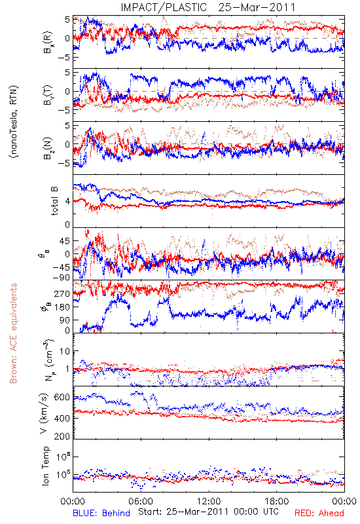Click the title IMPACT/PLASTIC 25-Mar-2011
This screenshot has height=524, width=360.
[x=208, y=7]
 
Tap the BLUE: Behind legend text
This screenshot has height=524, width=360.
[x=101, y=513]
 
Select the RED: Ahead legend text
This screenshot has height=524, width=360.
[x=319, y=513]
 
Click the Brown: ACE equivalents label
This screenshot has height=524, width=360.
[x=13, y=333]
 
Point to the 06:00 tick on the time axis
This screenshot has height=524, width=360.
[x=141, y=501]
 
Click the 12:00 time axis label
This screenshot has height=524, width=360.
[x=209, y=501]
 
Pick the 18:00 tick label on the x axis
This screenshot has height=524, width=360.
[x=277, y=501]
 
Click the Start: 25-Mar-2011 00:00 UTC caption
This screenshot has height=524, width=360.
[x=208, y=512]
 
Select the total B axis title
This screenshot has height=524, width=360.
[x=54, y=201]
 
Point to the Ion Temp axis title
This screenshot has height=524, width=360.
[x=45, y=466]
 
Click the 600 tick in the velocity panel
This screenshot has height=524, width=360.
[x=62, y=398]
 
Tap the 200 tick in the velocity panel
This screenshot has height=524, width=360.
[x=62, y=436]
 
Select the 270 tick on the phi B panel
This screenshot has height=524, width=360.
[x=62, y=293]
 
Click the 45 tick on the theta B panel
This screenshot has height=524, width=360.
[x=65, y=241]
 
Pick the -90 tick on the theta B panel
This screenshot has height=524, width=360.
[x=61, y=278]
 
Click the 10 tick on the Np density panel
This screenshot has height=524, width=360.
[x=65, y=351]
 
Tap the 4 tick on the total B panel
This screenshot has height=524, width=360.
[x=67, y=202]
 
